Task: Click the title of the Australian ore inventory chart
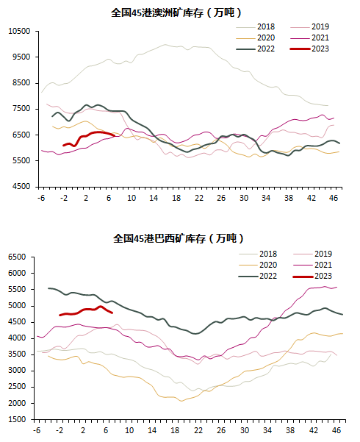(176, 13)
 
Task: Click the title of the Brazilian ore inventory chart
(178, 239)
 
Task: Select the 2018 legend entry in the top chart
(255, 26)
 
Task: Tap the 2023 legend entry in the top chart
(309, 49)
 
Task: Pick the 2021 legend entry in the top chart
(309, 38)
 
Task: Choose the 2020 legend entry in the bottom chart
(258, 265)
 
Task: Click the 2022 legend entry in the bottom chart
(258, 276)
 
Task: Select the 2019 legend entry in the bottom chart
(312, 254)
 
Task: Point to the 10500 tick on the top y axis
(19, 31)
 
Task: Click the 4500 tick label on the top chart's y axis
(21, 187)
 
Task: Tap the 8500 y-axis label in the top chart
(21, 83)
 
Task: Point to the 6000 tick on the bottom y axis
(17, 273)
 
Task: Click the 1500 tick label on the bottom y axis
(17, 419)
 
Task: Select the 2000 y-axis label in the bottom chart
(17, 403)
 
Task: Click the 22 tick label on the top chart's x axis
(199, 198)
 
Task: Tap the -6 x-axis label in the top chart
(41, 198)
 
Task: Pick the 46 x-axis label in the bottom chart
(336, 430)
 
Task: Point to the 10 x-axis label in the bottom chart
(129, 430)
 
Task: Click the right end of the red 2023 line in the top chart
(114, 135)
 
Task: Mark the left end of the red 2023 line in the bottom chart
(60, 316)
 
